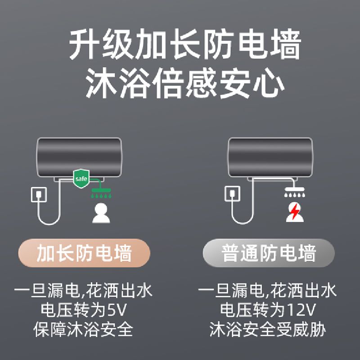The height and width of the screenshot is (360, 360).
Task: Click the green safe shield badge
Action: (81, 178)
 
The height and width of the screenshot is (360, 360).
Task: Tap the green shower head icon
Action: (101, 193)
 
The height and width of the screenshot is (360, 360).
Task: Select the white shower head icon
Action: (295, 192)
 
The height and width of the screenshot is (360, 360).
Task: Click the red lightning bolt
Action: (295, 211)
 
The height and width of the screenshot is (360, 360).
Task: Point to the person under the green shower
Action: (101, 213)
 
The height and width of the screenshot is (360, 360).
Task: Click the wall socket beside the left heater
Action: (39, 194)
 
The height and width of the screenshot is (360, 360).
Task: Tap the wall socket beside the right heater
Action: (232, 193)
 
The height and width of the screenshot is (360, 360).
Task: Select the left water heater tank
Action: (79, 157)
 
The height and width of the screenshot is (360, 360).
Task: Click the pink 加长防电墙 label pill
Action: (84, 253)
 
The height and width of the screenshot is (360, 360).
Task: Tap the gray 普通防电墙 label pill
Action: (269, 253)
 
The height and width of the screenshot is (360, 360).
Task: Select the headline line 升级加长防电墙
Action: (185, 44)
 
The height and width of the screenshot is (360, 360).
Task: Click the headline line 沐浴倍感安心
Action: (185, 83)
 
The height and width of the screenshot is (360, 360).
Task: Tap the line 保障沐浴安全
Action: (83, 329)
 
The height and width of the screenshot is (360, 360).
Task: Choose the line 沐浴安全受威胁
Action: (268, 329)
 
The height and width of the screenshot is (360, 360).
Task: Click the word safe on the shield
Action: (81, 179)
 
